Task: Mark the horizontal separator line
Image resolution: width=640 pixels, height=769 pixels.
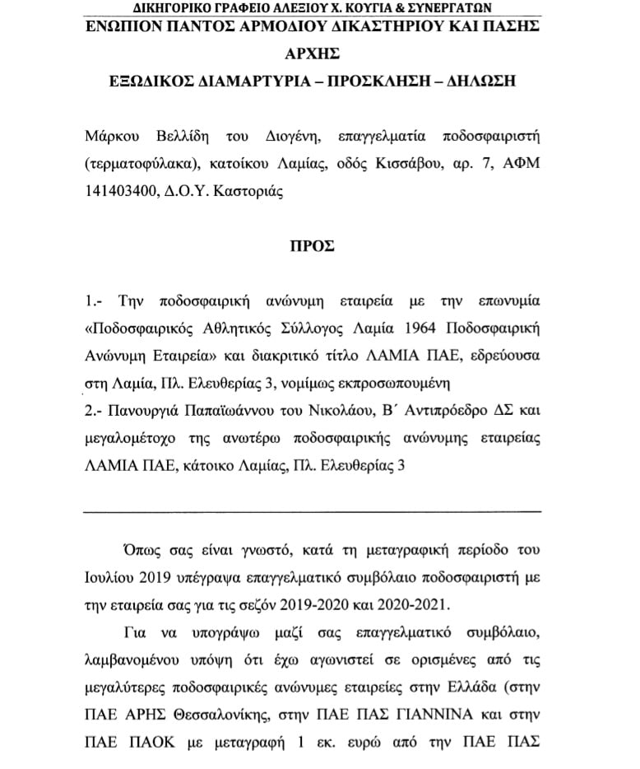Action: point(313,511)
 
